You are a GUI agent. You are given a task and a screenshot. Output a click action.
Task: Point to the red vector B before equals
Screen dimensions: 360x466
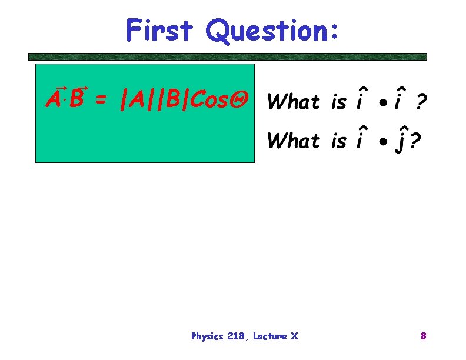pos(76,100)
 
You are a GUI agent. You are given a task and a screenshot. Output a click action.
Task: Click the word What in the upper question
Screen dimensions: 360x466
pos(292,102)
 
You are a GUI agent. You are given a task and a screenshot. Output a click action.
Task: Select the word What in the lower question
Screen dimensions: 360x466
pos(292,141)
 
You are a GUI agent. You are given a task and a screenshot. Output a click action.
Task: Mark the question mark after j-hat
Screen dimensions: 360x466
pos(415,142)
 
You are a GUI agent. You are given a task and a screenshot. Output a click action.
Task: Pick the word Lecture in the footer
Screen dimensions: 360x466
pos(271,336)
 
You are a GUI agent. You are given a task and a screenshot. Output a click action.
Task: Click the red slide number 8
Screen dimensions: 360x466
pos(423,336)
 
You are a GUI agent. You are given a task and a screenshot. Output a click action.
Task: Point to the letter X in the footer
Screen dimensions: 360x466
pos(295,336)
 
